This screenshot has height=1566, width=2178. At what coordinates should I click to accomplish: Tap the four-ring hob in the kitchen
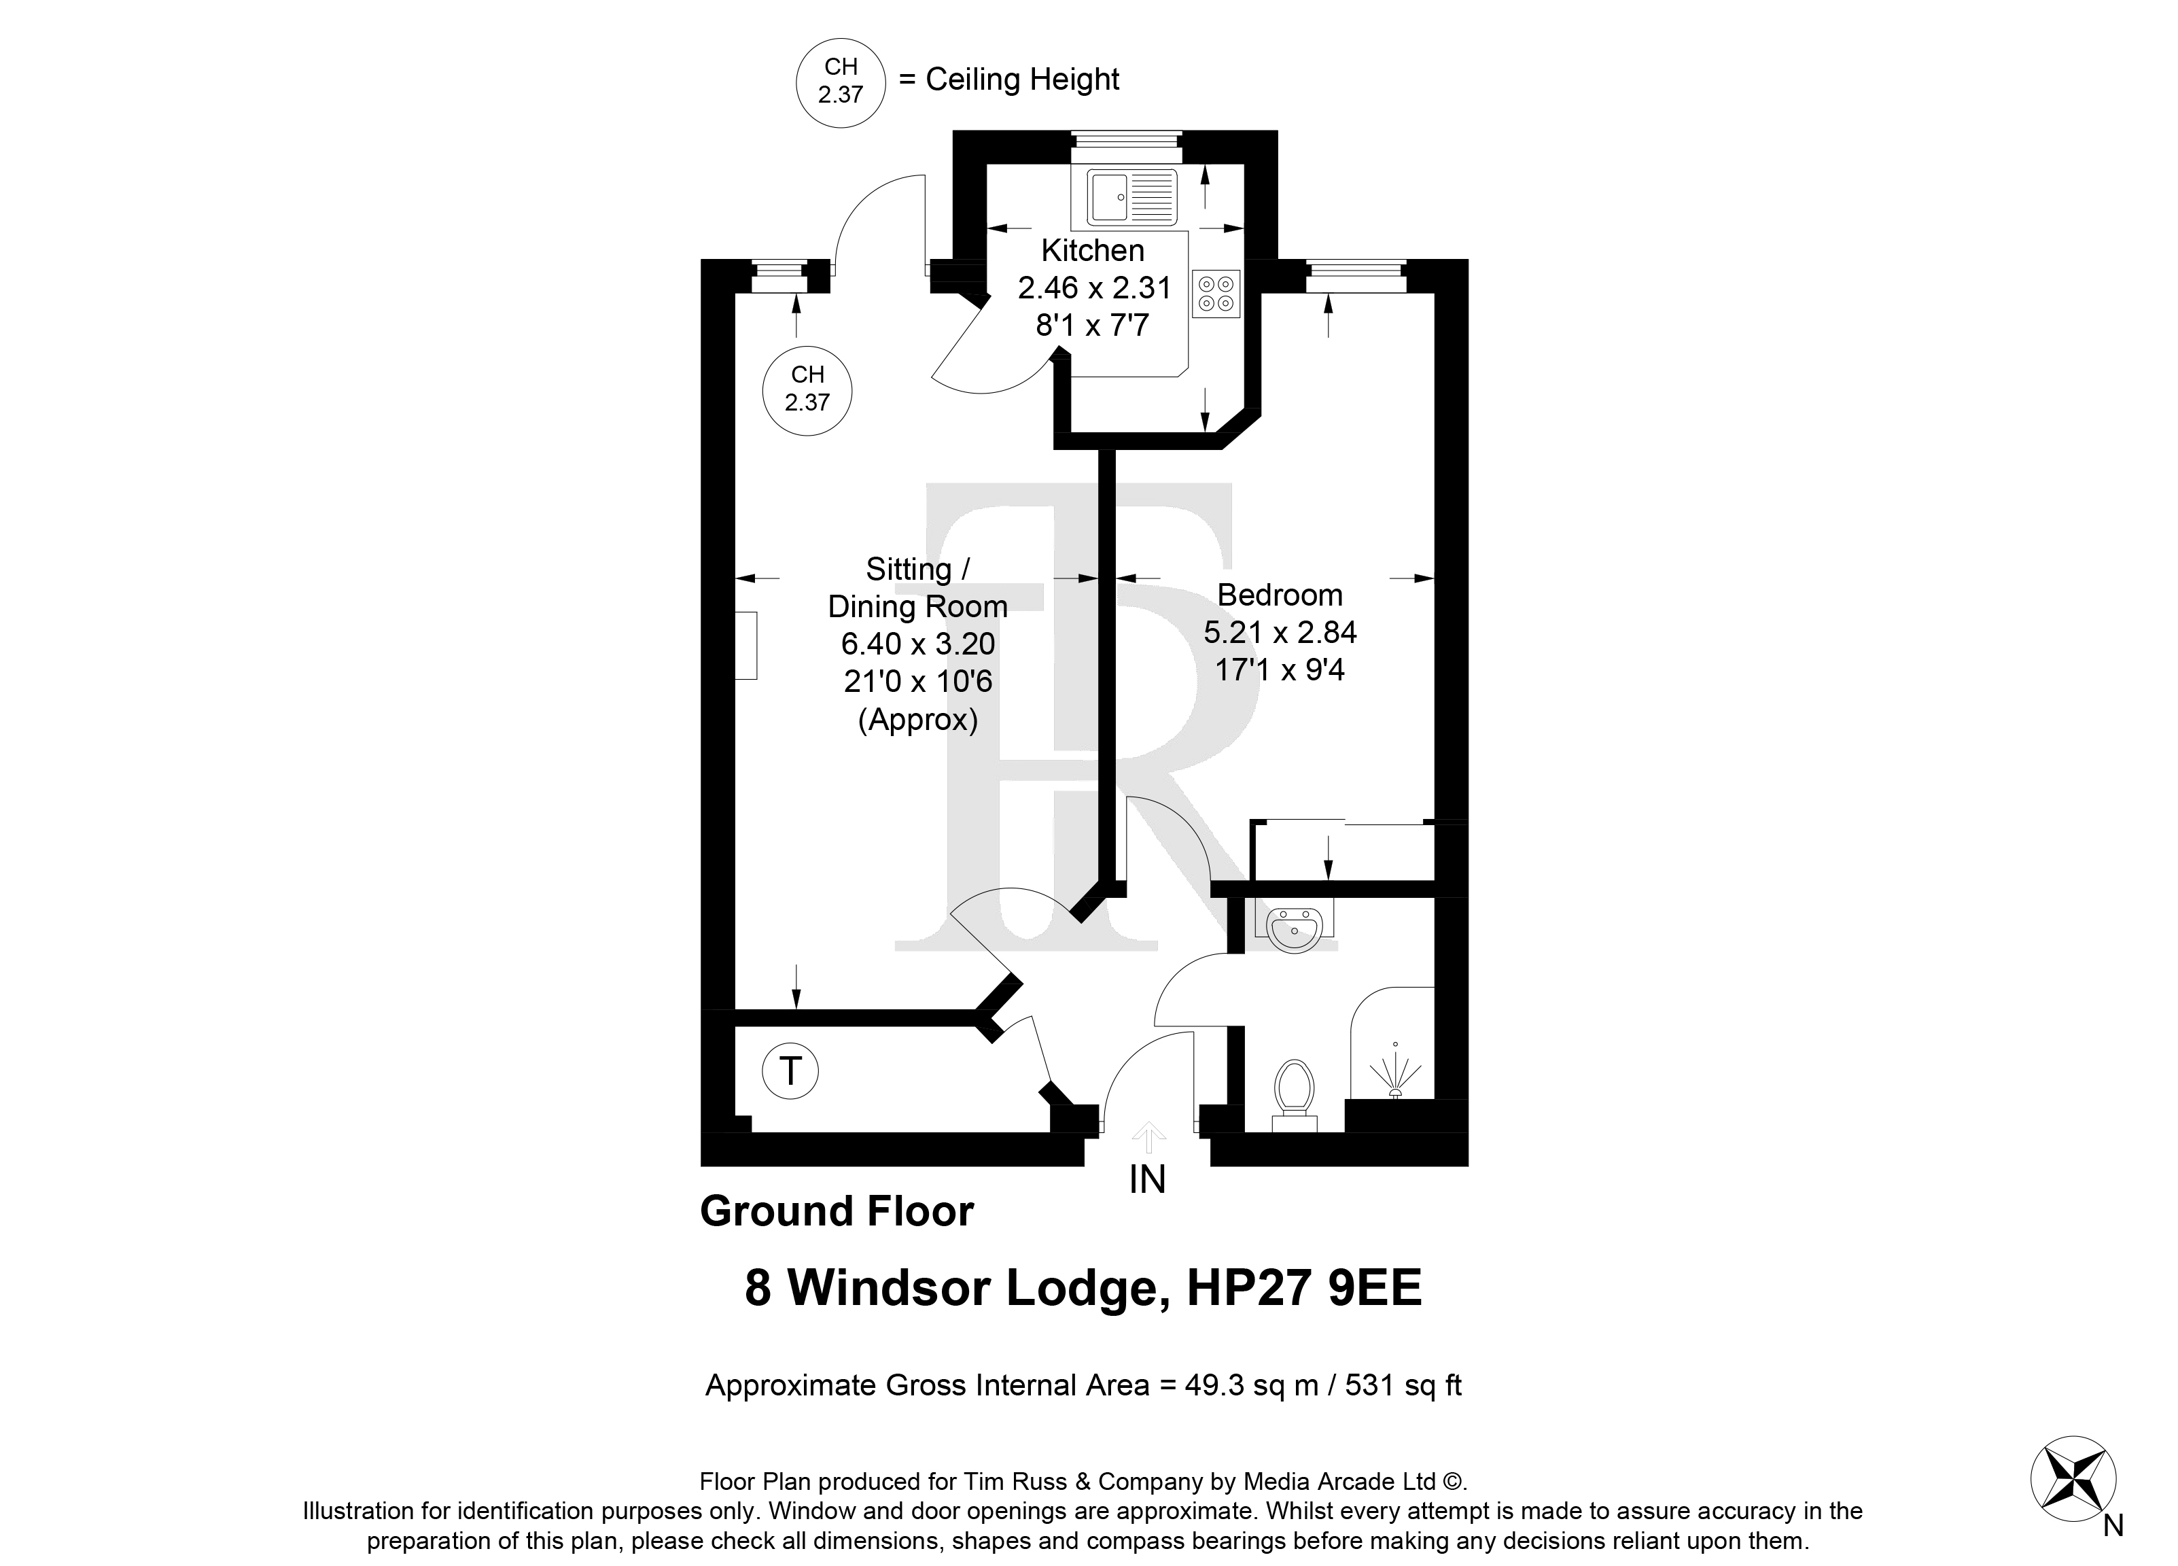(1216, 294)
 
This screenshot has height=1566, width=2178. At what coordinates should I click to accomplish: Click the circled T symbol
(790, 1071)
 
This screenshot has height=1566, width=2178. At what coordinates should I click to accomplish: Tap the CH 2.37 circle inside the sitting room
(807, 390)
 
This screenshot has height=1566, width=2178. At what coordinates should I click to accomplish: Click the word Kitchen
(1093, 251)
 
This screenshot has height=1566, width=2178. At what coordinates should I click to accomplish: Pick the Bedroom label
(1280, 595)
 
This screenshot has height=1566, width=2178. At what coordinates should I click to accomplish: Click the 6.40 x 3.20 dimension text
(918, 644)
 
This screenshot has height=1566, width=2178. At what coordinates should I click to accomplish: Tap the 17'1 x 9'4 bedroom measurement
(1280, 669)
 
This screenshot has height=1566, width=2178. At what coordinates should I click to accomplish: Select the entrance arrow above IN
(1148, 1138)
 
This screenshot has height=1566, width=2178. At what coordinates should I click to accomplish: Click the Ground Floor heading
(837, 1211)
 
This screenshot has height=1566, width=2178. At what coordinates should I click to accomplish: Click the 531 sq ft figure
(1403, 1385)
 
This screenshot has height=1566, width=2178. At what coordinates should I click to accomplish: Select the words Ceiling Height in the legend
(1023, 80)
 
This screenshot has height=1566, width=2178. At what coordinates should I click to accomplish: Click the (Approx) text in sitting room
(918, 720)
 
